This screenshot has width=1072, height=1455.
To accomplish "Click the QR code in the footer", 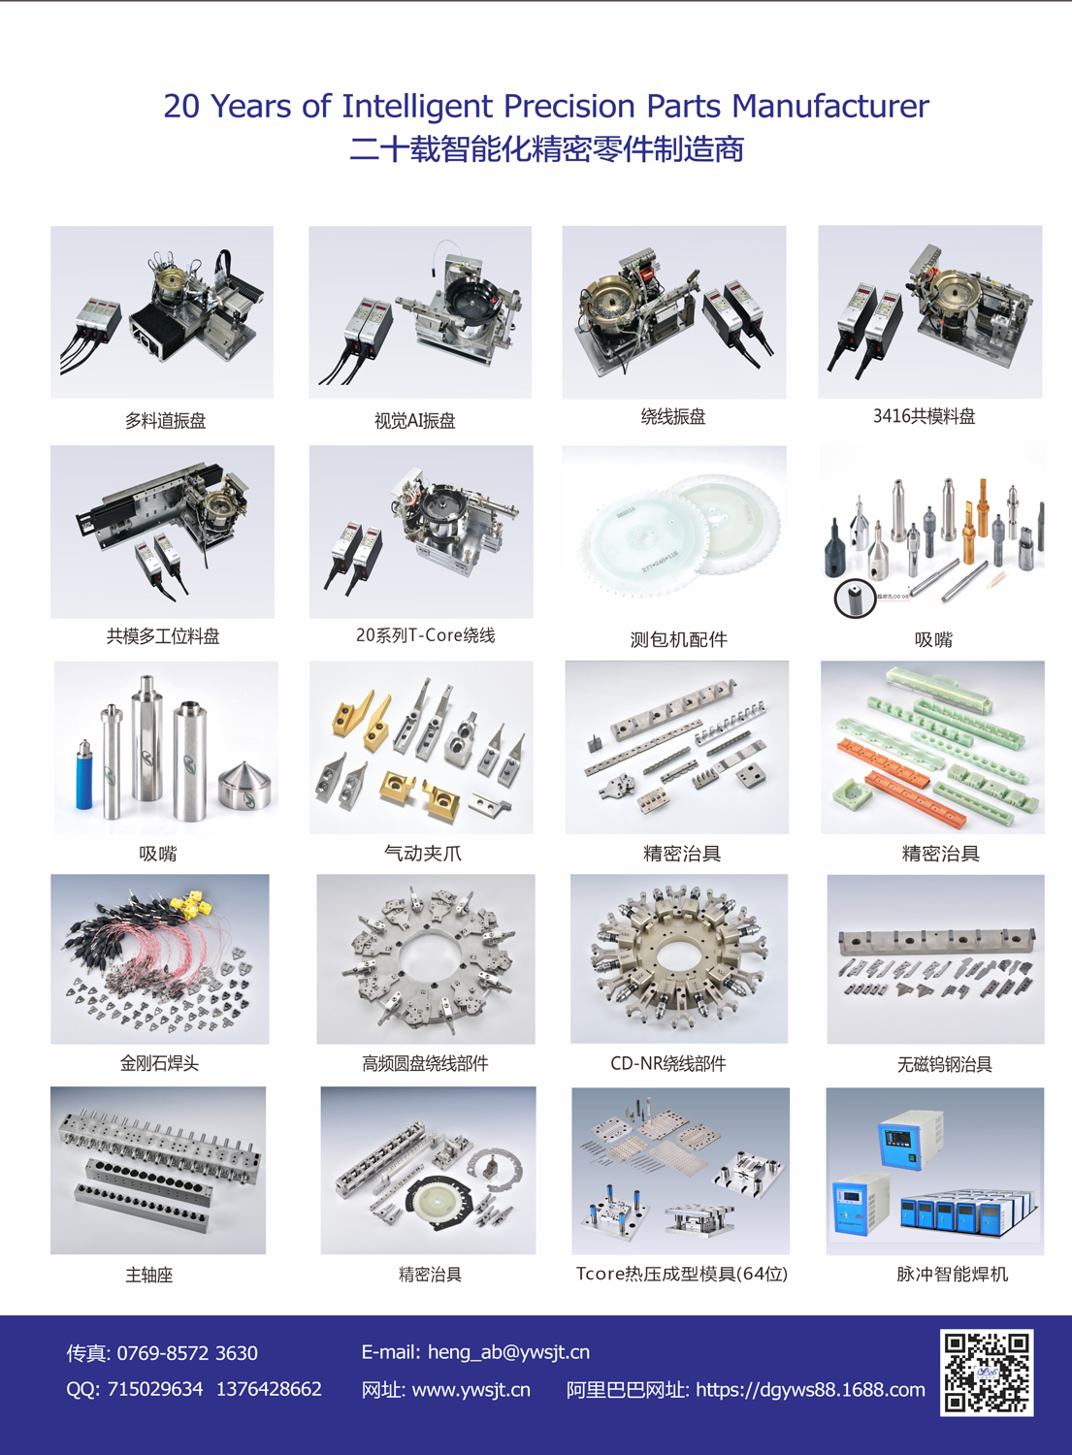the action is (x=987, y=1372).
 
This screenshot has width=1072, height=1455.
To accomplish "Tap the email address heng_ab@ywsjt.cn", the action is (x=508, y=1352).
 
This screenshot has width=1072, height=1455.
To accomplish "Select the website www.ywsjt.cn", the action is (x=471, y=1389).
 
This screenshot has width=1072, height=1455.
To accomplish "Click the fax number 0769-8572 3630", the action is (x=187, y=1353).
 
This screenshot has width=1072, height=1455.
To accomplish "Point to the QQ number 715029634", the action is (x=155, y=1389).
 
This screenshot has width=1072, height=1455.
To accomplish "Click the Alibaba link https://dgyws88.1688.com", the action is (x=810, y=1389).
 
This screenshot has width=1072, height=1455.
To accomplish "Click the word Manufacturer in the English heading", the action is (x=830, y=106).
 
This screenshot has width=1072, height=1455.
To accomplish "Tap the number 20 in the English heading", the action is (x=182, y=106).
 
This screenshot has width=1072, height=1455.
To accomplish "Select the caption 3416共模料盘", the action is (x=924, y=416).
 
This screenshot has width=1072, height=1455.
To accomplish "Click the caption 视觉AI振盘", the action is (x=414, y=421).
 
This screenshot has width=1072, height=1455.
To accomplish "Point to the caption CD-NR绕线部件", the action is (x=667, y=1063).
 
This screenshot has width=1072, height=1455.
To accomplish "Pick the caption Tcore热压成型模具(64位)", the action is (x=682, y=1274).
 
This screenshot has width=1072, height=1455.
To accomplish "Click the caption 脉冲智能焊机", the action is (x=952, y=1274).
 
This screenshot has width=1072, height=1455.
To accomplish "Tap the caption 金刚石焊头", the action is (x=159, y=1063).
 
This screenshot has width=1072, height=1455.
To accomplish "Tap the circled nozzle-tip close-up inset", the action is (x=855, y=598).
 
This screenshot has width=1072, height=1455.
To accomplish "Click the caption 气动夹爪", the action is (x=423, y=853).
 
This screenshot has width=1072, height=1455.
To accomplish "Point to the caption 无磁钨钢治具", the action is (x=945, y=1064).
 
